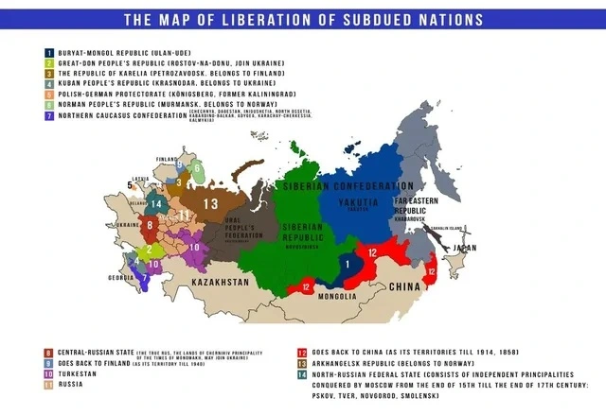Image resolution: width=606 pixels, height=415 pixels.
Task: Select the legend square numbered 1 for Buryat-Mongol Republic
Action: (x=48, y=54)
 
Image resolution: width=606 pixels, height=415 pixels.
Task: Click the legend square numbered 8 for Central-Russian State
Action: (x=48, y=352)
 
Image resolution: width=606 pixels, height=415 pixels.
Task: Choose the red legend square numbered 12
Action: (x=301, y=352)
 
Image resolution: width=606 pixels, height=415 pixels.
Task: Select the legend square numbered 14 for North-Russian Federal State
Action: (x=301, y=373)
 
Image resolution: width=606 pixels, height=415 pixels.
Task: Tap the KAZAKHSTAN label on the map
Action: (x=220, y=283)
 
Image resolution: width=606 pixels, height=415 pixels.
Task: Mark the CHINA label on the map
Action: (x=405, y=285)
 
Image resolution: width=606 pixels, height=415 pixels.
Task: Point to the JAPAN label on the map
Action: (x=466, y=249)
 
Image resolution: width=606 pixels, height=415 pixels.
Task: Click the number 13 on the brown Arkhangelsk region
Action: (x=209, y=204)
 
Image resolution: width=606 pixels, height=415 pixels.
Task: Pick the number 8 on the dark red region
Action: (x=150, y=225)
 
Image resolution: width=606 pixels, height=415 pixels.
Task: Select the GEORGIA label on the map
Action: (x=120, y=278)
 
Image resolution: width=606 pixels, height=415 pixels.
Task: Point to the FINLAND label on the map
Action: (x=167, y=159)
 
